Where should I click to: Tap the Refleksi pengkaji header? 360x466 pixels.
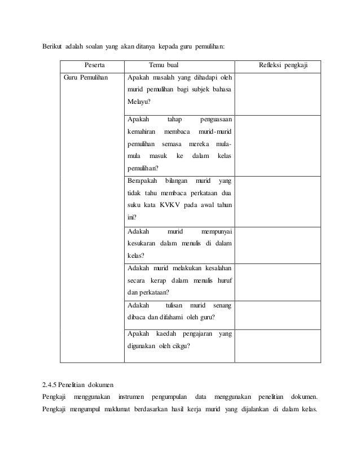click(x=283, y=66)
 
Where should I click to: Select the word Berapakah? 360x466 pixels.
click(x=142, y=181)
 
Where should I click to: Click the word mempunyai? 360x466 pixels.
click(x=219, y=231)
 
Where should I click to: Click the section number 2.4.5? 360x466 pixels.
click(x=51, y=385)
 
